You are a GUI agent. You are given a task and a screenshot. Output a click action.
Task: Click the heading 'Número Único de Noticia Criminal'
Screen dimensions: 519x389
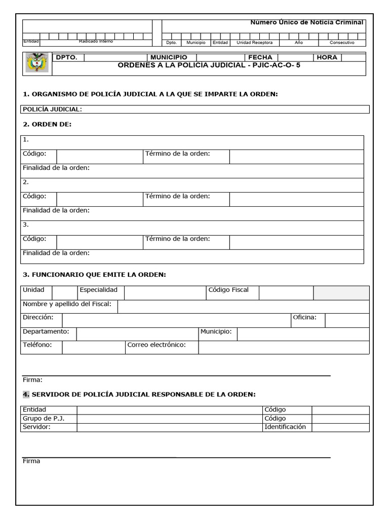[307, 22]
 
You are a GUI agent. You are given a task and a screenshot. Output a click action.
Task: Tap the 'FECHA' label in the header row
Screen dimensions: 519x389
[260, 57]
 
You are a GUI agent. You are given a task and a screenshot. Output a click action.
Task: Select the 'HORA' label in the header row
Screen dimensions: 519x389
[327, 57]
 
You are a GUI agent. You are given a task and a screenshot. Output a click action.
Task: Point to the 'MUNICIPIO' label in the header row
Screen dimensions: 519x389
[169, 57]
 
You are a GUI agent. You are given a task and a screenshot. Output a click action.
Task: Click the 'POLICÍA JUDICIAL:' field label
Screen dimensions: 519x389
[52, 109]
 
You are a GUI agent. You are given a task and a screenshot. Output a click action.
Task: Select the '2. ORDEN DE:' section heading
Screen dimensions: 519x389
[48, 124]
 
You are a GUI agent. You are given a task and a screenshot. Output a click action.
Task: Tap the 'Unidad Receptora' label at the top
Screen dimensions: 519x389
[255, 43]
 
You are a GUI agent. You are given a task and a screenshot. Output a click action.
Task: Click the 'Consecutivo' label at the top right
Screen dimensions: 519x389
[342, 43]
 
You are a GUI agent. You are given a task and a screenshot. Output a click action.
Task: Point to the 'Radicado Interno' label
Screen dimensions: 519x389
[96, 42]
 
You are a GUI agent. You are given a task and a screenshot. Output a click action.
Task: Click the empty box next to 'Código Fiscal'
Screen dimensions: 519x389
[286, 293]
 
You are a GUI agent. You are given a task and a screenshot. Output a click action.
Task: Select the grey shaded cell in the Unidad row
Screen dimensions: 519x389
[341, 293]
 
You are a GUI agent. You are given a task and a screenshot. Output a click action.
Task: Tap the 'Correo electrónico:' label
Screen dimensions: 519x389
[157, 345]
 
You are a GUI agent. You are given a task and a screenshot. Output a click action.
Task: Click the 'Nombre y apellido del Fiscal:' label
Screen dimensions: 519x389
[67, 304]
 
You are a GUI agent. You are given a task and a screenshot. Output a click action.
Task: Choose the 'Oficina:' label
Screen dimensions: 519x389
[304, 317]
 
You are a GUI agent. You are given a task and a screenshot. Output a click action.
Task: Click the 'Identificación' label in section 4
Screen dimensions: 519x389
[285, 427]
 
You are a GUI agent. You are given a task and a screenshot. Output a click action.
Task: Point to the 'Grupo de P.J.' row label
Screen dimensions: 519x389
[44, 418]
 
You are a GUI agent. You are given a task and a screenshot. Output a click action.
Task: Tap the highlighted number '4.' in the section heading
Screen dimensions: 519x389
[26, 394]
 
